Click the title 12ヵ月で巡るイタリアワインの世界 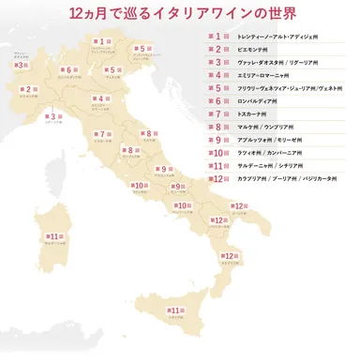[179, 15]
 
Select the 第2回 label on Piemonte [27, 90]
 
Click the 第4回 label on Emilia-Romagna [97, 98]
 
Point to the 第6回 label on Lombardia [67, 69]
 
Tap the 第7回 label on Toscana [99, 134]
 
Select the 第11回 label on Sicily [173, 310]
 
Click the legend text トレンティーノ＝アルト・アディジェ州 [280, 36]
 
